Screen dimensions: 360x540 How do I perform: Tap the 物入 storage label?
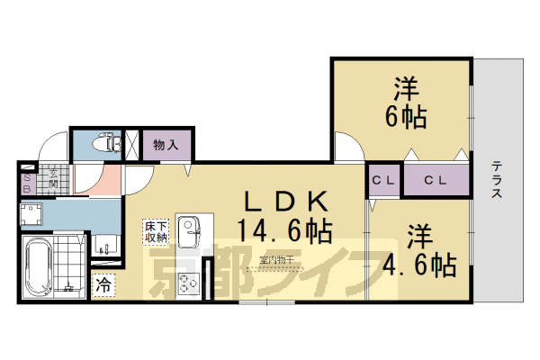pos(164,144)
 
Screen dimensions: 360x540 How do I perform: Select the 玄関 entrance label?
pos(54,176)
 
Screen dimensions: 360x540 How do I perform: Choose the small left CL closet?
pos(383,180)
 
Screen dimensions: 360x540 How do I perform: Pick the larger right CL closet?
pos(436,180)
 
